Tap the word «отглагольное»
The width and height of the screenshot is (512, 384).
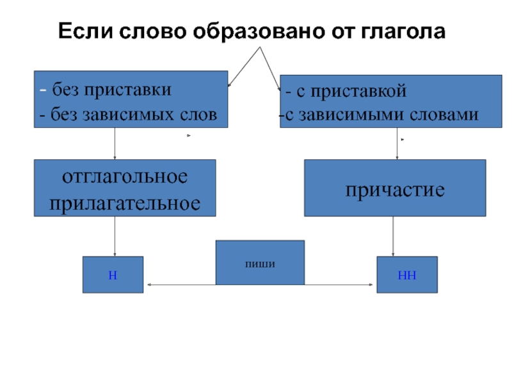pyautogui.click(x=125, y=176)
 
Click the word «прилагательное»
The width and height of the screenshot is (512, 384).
pyautogui.click(x=125, y=203)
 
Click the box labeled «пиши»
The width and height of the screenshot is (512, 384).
pyautogui.click(x=259, y=262)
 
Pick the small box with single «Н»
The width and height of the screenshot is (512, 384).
pyautogui.click(x=113, y=275)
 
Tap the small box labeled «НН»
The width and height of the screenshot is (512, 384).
pyautogui.click(x=406, y=275)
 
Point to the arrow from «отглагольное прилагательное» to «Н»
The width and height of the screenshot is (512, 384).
pyautogui.click(x=115, y=237)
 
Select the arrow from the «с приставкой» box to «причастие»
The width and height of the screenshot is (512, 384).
pyautogui.click(x=397, y=144)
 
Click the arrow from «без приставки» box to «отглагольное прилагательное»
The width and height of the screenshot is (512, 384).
pyautogui.click(x=115, y=144)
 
